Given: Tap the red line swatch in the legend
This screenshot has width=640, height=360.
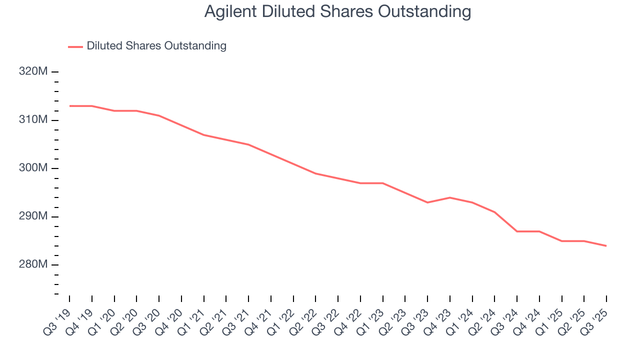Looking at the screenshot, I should coord(75,46).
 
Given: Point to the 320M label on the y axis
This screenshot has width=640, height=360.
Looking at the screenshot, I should coord(33,71).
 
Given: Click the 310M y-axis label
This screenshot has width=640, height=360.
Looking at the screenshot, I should coord(33,120).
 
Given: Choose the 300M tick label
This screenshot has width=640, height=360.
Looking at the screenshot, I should coord(33,168).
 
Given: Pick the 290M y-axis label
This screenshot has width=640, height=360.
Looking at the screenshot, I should coord(33,216).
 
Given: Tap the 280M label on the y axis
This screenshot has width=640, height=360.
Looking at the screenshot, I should coord(33,264).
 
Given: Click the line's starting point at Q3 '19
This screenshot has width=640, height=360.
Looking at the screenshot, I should coord(69,106).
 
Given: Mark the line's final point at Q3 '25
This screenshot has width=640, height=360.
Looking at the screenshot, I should coord(606,245).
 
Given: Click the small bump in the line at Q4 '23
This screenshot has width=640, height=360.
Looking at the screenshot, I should coord(450,197).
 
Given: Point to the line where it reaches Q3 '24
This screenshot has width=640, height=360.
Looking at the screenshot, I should coord(517,231).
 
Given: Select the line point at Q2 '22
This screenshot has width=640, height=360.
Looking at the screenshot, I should coord(316,173).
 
